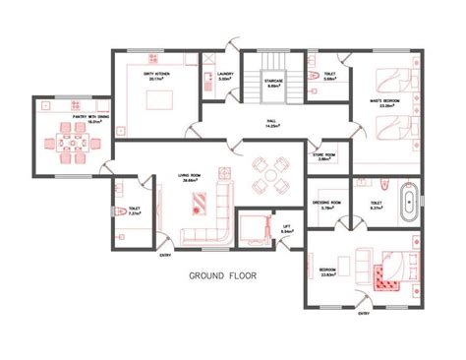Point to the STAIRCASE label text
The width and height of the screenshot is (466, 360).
click(274, 83)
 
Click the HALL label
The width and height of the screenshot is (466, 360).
click(270, 121)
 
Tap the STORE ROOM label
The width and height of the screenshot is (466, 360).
click(325, 154)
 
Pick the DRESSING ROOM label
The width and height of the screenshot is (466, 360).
click(326, 203)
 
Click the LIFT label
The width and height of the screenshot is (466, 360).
click(287, 227)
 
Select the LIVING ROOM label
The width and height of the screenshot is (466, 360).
click(190, 177)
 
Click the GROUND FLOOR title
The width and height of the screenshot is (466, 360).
click(223, 276)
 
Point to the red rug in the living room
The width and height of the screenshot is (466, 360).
click(197, 204)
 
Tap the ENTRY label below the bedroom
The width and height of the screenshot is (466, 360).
click(365, 314)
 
